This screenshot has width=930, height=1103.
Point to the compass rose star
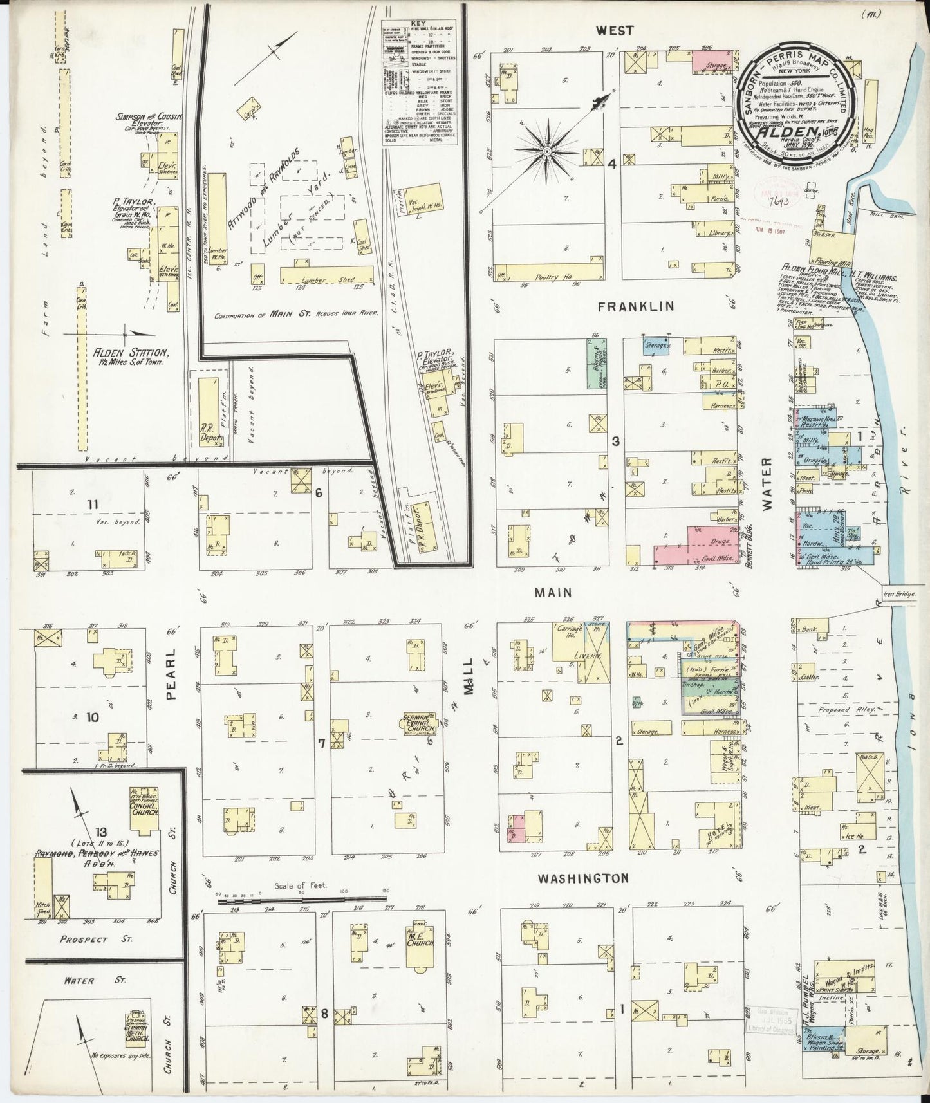click(546, 152)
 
